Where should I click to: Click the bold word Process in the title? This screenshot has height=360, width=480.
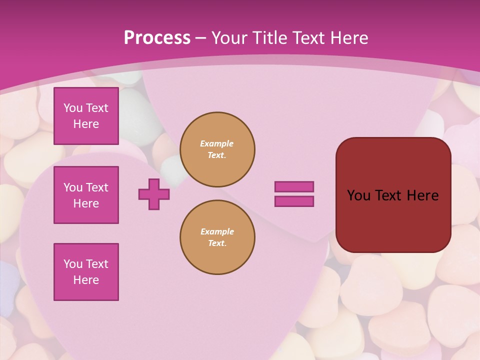tap(157, 38)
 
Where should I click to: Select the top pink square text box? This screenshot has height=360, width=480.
tap(86, 116)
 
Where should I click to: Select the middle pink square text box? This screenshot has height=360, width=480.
tap(86, 195)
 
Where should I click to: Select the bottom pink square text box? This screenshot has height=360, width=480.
tap(86, 272)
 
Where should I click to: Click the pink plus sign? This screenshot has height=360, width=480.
tap(154, 194)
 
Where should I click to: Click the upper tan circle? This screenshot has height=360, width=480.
tap(217, 149)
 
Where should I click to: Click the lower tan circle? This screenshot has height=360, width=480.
tap(217, 237)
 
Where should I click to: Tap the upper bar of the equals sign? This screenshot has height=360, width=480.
tap(294, 186)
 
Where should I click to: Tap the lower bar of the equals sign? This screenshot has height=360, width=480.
tap(294, 201)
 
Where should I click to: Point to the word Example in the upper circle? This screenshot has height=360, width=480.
tap(217, 143)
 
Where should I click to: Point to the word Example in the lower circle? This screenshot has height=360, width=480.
tap(217, 231)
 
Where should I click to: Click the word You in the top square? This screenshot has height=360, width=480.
tap(73, 108)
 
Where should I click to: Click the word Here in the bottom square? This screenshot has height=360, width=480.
tap(86, 280)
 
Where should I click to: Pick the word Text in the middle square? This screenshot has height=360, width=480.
tap(97, 187)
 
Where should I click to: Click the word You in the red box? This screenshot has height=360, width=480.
tap(358, 195)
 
